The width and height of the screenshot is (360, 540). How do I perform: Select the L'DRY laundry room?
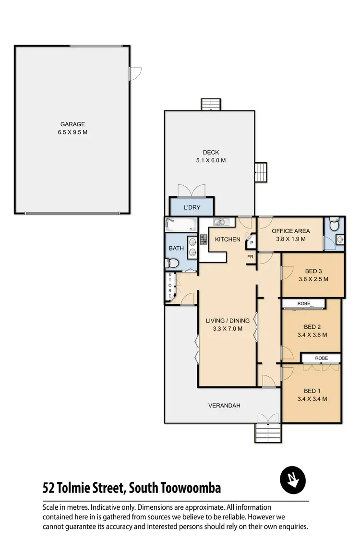(x=192, y=208)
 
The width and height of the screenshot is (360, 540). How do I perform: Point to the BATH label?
(x=176, y=248)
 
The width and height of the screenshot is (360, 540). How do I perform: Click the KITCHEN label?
(x=228, y=239)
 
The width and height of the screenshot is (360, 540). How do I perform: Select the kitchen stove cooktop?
(x=203, y=239)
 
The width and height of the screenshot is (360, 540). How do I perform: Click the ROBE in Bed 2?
(x=304, y=303)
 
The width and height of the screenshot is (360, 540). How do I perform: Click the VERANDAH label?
(x=224, y=406)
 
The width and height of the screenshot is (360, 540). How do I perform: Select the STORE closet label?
(x=169, y=287)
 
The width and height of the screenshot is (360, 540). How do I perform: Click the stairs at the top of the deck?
(x=210, y=104)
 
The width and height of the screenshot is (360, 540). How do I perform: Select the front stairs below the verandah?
(x=267, y=433)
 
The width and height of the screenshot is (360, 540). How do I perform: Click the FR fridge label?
(x=250, y=257)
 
